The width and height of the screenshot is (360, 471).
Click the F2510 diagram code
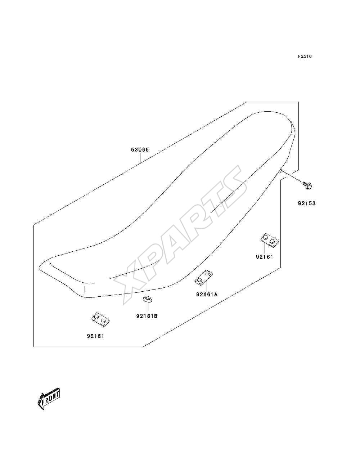point(305,57)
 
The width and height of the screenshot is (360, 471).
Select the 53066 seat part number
point(140,149)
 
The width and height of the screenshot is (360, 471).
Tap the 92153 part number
point(307,203)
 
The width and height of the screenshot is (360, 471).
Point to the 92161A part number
point(207,295)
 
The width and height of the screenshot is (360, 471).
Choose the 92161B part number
point(147,316)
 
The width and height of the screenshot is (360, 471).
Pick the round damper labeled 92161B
point(147,299)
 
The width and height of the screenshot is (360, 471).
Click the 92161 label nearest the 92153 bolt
point(265,257)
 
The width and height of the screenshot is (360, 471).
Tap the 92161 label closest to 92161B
point(95,336)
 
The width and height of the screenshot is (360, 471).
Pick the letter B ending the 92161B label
point(156,316)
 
